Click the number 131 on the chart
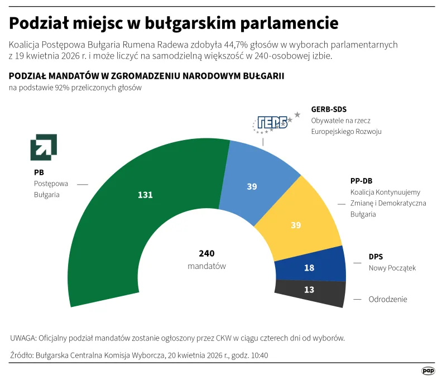[145, 195]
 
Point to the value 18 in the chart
[309, 268]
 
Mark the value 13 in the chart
[309, 290]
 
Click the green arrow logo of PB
[43, 147]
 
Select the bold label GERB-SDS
[329, 109]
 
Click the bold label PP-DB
[361, 181]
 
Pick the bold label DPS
[376, 257]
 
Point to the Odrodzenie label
[387, 299]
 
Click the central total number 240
[206, 253]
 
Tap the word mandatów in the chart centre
[206, 266]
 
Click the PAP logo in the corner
[428, 370]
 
